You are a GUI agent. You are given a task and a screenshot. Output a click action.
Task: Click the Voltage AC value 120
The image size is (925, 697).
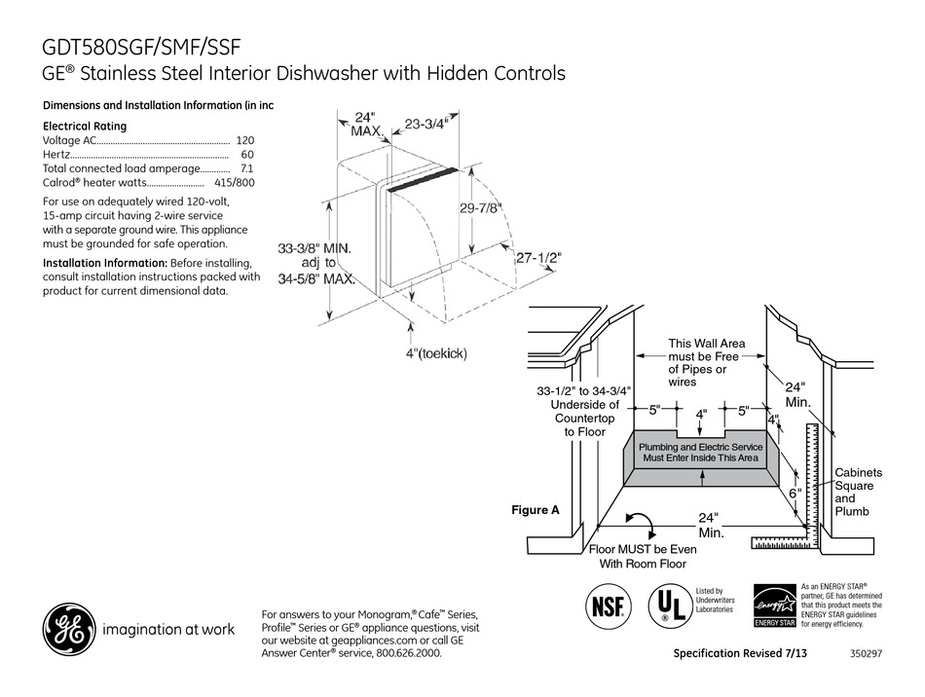point(244,140)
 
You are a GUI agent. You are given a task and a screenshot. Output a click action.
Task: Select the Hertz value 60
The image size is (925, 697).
point(247,155)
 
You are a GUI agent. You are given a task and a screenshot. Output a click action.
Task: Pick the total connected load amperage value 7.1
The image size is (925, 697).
point(246,168)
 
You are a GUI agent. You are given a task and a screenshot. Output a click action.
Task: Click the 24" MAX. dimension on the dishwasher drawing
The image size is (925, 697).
point(365,124)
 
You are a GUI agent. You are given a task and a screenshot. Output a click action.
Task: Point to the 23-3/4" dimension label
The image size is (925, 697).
point(425,125)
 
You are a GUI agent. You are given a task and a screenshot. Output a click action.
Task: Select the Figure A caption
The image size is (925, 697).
point(536,509)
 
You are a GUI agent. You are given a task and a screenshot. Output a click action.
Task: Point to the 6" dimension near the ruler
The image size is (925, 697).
point(794,494)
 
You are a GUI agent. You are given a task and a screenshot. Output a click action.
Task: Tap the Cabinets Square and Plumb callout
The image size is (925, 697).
point(853,492)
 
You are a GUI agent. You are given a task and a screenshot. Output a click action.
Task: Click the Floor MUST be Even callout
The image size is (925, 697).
point(644,556)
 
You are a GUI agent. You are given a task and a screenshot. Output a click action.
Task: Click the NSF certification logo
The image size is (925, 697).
point(604,605)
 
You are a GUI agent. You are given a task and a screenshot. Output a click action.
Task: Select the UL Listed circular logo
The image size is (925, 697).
point(666,605)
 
